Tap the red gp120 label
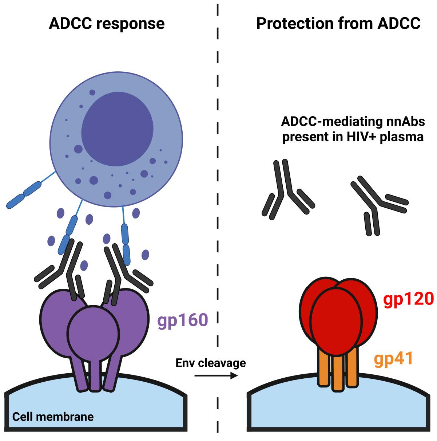(x=408, y=299)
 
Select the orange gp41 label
(x=394, y=359)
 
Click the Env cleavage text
(x=211, y=363)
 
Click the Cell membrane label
(x=53, y=416)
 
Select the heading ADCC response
(x=107, y=24)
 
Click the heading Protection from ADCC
(x=338, y=24)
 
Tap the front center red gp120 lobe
(x=337, y=320)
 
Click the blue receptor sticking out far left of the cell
(x=24, y=195)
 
